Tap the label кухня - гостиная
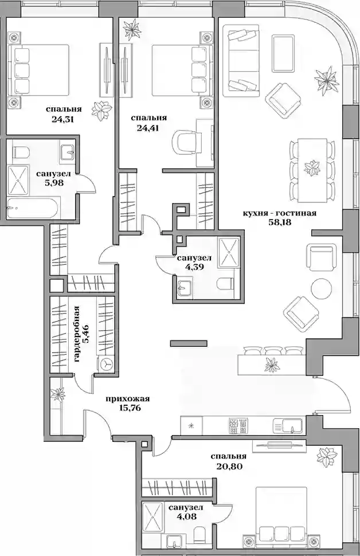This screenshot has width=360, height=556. [x=279, y=213]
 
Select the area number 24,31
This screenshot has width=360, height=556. [x=63, y=119]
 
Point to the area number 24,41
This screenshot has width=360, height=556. [x=147, y=128]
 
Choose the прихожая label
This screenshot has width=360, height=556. [x=128, y=399]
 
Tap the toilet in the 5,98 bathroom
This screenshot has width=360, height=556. [x=20, y=152]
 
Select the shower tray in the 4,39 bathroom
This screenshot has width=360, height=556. [x=229, y=252]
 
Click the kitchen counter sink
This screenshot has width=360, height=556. [x=288, y=425]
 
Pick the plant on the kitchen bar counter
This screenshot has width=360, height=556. [x=272, y=365]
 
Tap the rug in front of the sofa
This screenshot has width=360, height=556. [x=283, y=53]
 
